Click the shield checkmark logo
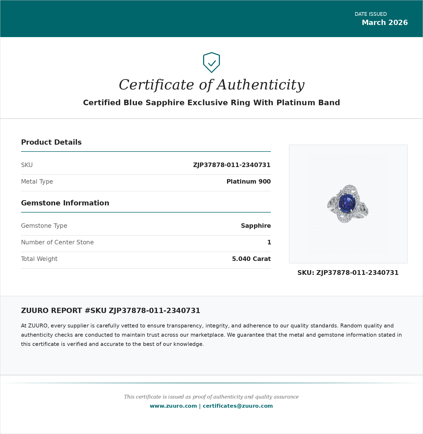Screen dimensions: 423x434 coord(211,63)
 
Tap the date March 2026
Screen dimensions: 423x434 coord(385,23)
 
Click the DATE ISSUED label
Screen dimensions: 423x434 coord(370,14)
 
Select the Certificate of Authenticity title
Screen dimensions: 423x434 coord(211,85)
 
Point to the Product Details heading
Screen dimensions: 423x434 coord(51,142)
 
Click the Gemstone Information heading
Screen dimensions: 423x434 coord(65,203)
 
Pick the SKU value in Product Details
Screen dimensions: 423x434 coord(231,165)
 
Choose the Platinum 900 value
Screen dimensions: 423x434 coord(248,181)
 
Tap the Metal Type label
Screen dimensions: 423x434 coord(37,181)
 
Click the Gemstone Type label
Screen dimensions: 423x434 coord(44,226)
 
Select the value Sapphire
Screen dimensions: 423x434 coord(256,226)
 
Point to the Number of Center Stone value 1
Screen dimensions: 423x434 coord(269,242)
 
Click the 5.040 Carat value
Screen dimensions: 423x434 coord(251,259)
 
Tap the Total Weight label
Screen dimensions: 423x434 coord(39,259)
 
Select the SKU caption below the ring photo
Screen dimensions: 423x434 coord(348,273)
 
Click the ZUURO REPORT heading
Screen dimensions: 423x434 coord(110,311)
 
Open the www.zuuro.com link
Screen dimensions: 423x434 coord(173,406)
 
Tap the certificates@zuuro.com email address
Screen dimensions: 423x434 coord(238,406)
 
